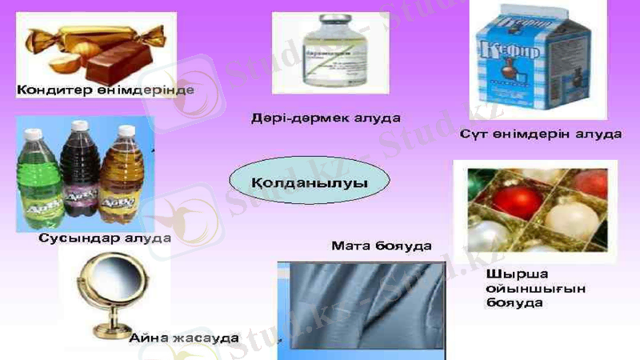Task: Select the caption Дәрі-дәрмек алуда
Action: (x=326, y=118)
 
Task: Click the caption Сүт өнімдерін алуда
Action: (x=540, y=134)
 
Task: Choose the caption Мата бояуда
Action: (x=382, y=246)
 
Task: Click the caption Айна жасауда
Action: (x=184, y=338)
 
